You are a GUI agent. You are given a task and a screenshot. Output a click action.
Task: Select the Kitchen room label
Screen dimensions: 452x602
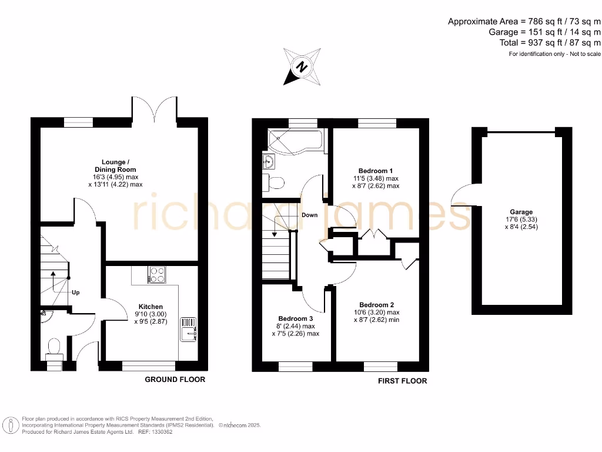150,307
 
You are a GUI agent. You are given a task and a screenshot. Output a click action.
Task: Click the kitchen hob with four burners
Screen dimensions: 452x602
157,274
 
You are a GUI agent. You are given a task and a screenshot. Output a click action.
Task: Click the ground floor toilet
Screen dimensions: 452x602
54,346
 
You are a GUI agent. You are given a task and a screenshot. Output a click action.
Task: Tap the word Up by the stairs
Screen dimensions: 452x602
75,293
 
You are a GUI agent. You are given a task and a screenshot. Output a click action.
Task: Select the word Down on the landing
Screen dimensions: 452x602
309,215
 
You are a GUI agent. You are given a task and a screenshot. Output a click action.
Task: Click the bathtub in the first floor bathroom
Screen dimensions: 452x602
292,140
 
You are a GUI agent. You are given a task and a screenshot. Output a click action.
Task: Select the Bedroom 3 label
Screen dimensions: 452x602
296,318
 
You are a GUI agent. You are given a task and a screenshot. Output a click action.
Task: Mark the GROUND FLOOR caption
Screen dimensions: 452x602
175,380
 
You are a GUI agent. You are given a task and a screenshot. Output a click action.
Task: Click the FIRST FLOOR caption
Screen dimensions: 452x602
402,381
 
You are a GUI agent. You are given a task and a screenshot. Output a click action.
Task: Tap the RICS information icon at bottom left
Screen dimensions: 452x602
9,425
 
